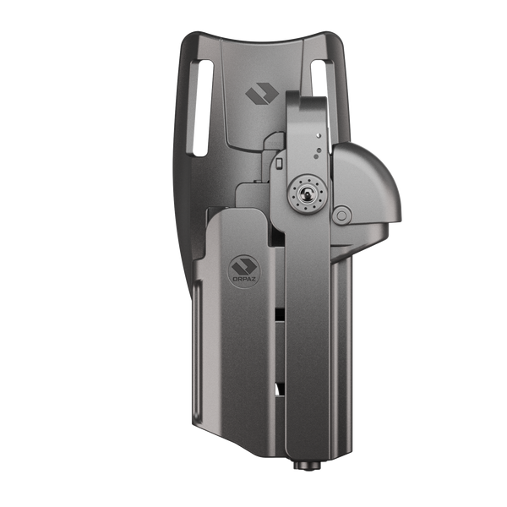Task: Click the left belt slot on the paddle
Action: pos(204,108)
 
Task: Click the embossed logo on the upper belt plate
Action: pos(262,94)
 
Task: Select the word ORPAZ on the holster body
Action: pos(244,278)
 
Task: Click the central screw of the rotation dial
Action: pos(304,194)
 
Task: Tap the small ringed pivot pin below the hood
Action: pos(342,215)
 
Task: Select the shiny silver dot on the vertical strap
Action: pos(319,135)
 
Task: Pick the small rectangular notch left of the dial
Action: pos(279,164)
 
